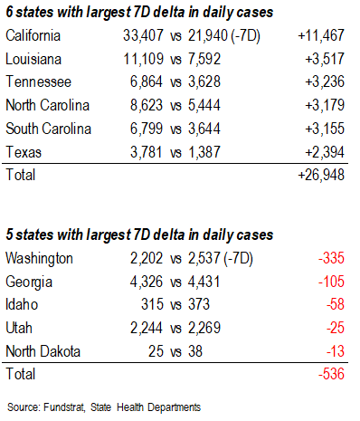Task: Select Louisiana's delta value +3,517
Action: click(x=325, y=60)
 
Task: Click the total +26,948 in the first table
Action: click(x=322, y=174)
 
